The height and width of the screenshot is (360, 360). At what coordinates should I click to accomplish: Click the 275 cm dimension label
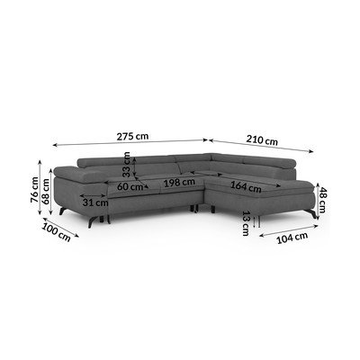click(132, 137)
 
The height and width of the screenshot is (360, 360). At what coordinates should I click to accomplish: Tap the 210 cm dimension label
click(262, 139)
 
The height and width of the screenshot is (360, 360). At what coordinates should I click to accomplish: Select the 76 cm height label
click(35, 190)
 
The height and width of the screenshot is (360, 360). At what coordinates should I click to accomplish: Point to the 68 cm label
click(46, 192)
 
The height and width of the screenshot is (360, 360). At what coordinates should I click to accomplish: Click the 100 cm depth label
click(56, 232)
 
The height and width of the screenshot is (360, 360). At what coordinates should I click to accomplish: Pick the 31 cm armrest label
click(95, 202)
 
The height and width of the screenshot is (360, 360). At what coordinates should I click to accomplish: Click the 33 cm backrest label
click(126, 165)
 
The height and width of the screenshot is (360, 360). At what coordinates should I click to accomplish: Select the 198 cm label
click(179, 182)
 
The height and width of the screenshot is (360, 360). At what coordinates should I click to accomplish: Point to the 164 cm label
click(246, 187)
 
